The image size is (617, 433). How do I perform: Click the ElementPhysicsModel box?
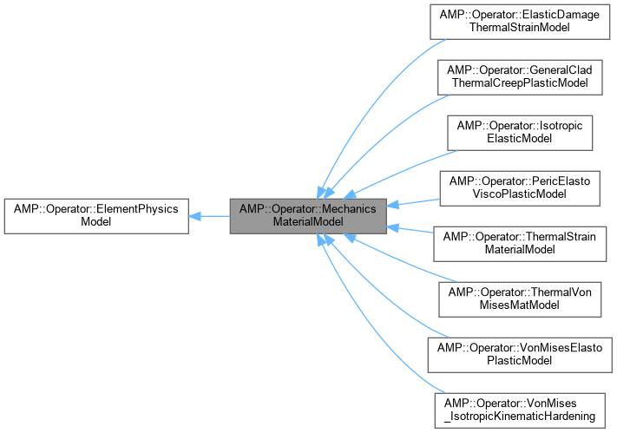[96, 215]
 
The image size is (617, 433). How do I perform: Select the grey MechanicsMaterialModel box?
[308, 215]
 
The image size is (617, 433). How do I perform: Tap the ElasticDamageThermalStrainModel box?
[519, 21]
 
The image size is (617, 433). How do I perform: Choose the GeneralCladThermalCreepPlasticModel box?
[519, 75]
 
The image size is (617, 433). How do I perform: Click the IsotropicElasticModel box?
[519, 131]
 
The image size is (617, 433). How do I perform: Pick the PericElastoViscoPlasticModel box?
[519, 187]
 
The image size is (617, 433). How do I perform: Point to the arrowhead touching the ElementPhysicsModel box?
[195, 215]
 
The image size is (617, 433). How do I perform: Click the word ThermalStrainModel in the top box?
[519, 28]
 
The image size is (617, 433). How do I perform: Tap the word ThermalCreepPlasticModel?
[519, 82]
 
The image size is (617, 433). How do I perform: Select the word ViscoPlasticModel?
[519, 194]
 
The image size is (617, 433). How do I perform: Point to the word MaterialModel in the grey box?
[308, 222]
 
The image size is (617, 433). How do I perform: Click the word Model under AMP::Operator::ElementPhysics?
[96, 222]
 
